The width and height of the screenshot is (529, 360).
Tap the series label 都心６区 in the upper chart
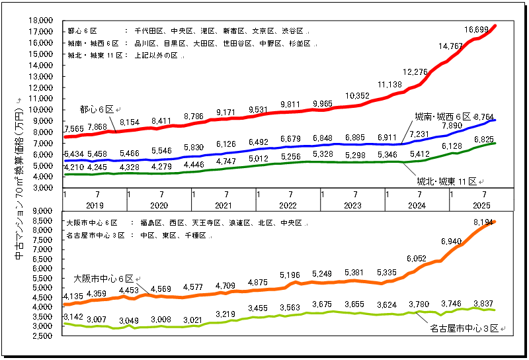click(x=97, y=109)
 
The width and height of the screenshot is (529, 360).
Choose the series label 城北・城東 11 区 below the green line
click(x=447, y=181)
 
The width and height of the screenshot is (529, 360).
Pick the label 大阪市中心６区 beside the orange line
click(x=103, y=279)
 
